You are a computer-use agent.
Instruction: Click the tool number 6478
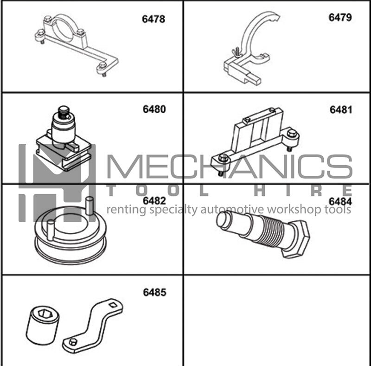(154, 19)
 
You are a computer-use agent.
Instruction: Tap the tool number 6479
(340, 17)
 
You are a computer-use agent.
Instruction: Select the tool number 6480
(154, 109)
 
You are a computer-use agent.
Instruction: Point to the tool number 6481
(341, 109)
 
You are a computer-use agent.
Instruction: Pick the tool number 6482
(154, 201)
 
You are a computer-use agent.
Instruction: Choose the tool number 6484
(340, 201)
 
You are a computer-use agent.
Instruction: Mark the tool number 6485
(154, 292)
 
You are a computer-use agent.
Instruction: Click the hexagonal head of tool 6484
(296, 239)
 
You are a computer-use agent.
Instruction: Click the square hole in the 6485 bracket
(113, 305)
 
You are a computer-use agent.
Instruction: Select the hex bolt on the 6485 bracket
(73, 341)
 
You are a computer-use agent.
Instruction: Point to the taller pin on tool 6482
(90, 205)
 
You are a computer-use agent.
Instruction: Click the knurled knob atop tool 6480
(64, 111)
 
